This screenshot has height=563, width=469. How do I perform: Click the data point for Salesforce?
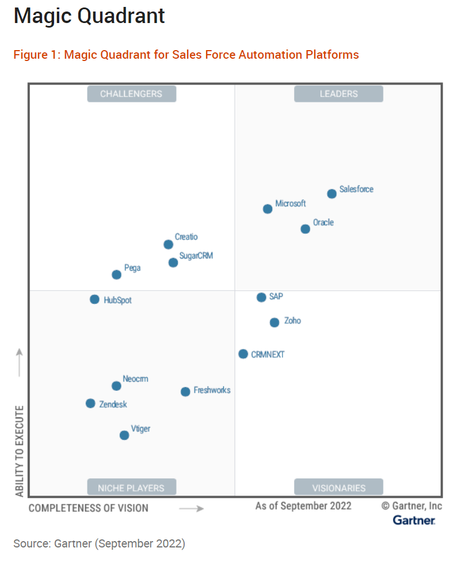point(332,194)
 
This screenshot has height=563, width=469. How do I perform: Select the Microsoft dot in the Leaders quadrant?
point(268,209)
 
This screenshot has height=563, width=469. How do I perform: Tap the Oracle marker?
point(306,229)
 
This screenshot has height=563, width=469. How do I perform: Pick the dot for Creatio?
point(168,245)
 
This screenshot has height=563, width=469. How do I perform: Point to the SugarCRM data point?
point(173,263)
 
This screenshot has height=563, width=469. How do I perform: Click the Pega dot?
point(116,275)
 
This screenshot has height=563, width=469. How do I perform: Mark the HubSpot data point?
point(94,299)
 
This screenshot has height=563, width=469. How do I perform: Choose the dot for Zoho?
point(274,322)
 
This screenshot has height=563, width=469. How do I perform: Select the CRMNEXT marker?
point(243,354)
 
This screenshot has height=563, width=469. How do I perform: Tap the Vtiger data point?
point(124,435)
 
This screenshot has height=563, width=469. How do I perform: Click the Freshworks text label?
point(212,390)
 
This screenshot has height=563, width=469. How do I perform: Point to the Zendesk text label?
point(113,405)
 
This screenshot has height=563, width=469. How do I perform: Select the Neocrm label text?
point(135,379)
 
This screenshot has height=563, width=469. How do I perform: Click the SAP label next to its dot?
point(276,297)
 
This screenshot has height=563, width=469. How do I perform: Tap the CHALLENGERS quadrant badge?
point(131,94)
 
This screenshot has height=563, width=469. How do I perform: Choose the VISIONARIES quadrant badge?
point(338,488)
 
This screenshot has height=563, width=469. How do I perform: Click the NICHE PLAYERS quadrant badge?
point(131,488)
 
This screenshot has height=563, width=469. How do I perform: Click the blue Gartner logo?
point(414,520)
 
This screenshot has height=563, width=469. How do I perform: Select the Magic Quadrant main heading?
point(89,16)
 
